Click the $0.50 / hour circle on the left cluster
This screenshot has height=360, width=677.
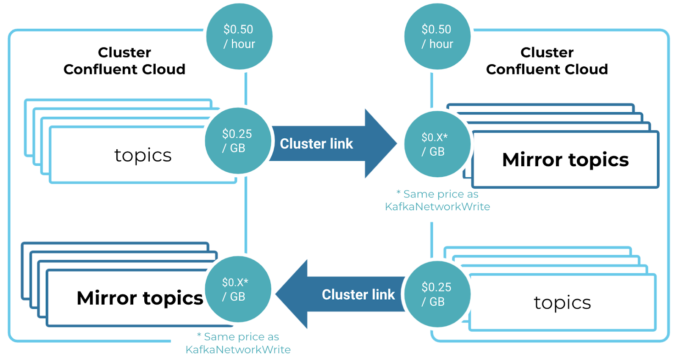[x=239, y=36]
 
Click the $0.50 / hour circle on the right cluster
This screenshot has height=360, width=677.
[x=437, y=36]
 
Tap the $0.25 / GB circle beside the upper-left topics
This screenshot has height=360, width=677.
[x=237, y=141]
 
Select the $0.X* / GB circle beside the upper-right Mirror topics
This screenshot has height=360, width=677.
[x=437, y=144]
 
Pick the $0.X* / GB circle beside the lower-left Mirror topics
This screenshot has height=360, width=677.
[x=237, y=289]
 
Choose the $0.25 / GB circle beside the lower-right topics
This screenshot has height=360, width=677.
[x=437, y=294]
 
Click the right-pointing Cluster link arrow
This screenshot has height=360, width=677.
[x=330, y=144]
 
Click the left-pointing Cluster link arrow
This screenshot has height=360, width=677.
[x=347, y=294]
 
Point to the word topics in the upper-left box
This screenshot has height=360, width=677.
[x=143, y=155]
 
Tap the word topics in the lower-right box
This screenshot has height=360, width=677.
[x=562, y=302]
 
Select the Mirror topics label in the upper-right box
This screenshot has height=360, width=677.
[x=565, y=160]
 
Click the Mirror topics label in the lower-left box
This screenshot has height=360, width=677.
[x=140, y=298]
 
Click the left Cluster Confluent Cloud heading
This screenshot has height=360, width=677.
[x=124, y=61]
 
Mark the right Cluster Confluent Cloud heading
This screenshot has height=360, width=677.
[x=547, y=61]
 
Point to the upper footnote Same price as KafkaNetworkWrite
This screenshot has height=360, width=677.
[x=438, y=201]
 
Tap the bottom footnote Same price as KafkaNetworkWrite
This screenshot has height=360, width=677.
[x=238, y=343]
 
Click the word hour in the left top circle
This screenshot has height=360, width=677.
[x=243, y=44]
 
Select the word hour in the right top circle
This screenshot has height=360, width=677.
[x=441, y=44]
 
